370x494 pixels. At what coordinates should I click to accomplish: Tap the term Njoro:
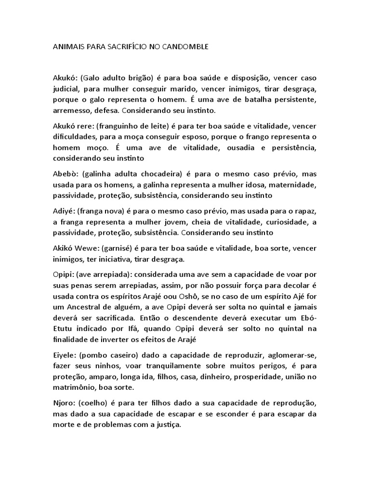click(x=64, y=402)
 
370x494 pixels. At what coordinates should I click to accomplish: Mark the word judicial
click(x=67, y=89)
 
